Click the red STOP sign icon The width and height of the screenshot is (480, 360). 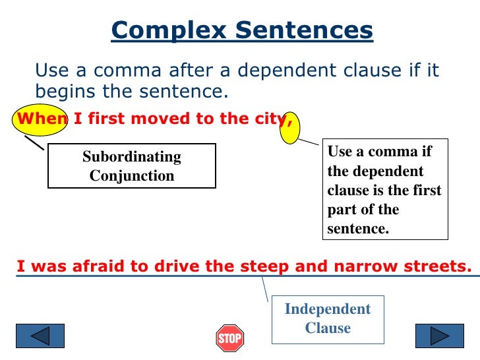point(229,338)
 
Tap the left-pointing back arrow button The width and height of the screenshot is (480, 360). point(40,336)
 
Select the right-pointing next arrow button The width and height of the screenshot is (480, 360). point(439,336)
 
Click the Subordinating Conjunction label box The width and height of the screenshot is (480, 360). point(132,166)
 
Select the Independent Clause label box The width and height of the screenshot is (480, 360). point(328,318)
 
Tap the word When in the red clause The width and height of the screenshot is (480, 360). point(41,119)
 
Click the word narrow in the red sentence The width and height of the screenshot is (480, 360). point(355,266)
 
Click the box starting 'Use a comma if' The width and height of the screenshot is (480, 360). point(385,190)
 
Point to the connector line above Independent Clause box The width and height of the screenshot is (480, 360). point(265,288)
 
